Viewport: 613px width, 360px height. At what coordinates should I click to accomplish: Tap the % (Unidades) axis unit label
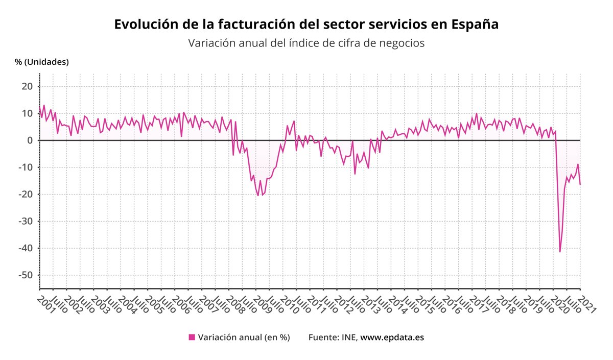pyautogui.click(x=42, y=62)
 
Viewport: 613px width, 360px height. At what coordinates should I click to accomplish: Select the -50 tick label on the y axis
pyautogui.click(x=25, y=275)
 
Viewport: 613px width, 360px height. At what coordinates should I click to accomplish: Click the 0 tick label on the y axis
pyautogui.click(x=30, y=140)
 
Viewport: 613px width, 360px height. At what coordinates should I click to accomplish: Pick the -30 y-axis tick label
pyautogui.click(x=25, y=221)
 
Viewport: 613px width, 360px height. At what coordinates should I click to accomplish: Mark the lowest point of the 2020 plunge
pyautogui.click(x=560, y=252)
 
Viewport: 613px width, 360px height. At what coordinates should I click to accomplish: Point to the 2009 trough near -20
pyautogui.click(x=258, y=196)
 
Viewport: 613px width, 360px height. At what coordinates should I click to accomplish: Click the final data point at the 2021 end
pyautogui.click(x=580, y=185)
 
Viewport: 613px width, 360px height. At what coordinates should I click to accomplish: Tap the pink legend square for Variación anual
pyautogui.click(x=192, y=337)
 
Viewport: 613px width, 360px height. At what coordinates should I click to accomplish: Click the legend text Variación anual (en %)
pyautogui.click(x=244, y=337)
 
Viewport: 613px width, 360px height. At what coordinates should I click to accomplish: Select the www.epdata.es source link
pyautogui.click(x=392, y=337)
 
